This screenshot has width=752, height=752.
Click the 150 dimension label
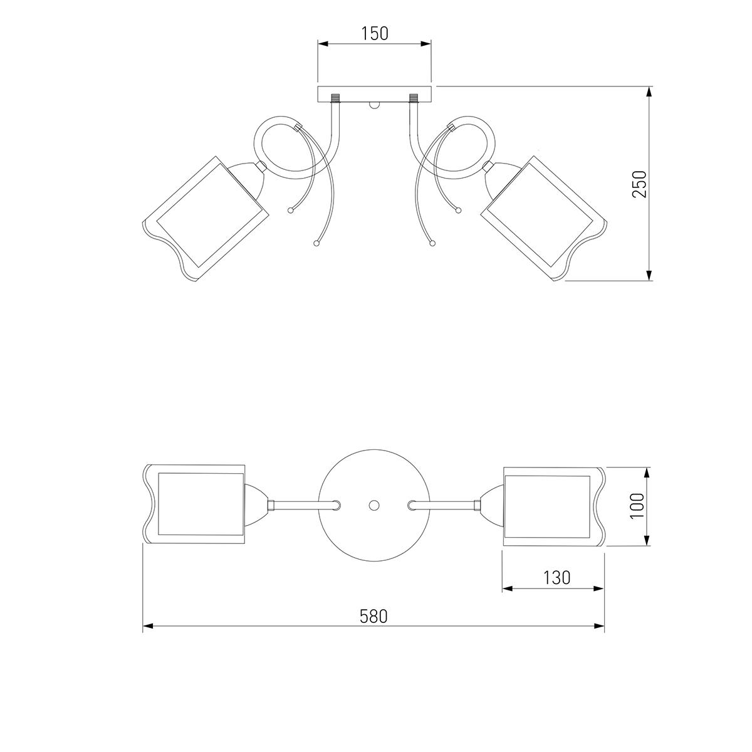coord(374,34)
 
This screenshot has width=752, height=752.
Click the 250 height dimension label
coord(639,184)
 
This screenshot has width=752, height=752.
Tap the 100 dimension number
coord(637,506)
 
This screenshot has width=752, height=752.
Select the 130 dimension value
coord(557,578)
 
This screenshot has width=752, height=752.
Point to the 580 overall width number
coord(373,616)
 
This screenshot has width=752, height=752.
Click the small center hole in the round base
coord(374,505)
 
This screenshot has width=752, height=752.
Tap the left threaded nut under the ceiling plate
coord(336,97)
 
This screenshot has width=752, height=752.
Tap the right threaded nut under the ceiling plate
coord(413,97)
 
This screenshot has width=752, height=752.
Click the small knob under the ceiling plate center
coord(374,105)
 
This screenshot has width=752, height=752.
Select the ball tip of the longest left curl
coord(316,244)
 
